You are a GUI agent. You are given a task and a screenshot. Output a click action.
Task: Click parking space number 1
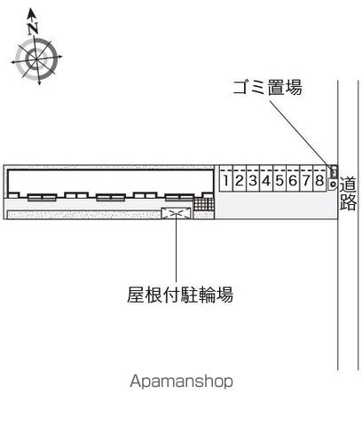[x=226, y=180]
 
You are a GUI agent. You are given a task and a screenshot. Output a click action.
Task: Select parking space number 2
[x=240, y=180]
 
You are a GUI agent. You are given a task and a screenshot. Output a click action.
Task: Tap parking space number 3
[x=253, y=180]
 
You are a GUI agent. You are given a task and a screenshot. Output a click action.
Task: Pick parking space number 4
[x=266, y=180]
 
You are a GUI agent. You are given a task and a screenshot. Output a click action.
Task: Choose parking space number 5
[x=279, y=180]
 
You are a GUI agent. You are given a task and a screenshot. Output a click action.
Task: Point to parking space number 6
[x=293, y=180]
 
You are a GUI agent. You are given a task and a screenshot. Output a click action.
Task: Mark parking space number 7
[x=306, y=180]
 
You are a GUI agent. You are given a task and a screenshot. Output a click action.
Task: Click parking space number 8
[x=319, y=180]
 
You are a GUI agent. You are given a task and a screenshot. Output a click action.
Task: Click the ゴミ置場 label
[x=267, y=87]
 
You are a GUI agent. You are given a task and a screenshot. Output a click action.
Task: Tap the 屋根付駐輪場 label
[x=180, y=295]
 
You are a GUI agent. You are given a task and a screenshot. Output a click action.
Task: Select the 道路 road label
[x=348, y=193]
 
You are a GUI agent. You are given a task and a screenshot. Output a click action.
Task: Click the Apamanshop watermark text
[x=181, y=382]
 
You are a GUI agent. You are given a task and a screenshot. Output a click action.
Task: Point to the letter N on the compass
[x=33, y=28]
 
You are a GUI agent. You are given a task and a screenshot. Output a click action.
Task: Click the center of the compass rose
[x=36, y=59]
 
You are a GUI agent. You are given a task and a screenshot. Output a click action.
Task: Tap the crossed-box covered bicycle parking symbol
[x=177, y=214]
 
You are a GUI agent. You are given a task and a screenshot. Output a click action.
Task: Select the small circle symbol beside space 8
[x=333, y=185]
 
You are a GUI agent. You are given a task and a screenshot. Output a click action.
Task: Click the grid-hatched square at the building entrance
[x=203, y=204]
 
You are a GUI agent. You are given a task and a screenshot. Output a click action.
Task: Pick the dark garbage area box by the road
[x=334, y=171]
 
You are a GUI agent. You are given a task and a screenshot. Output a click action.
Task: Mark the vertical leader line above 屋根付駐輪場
[x=176, y=248]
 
